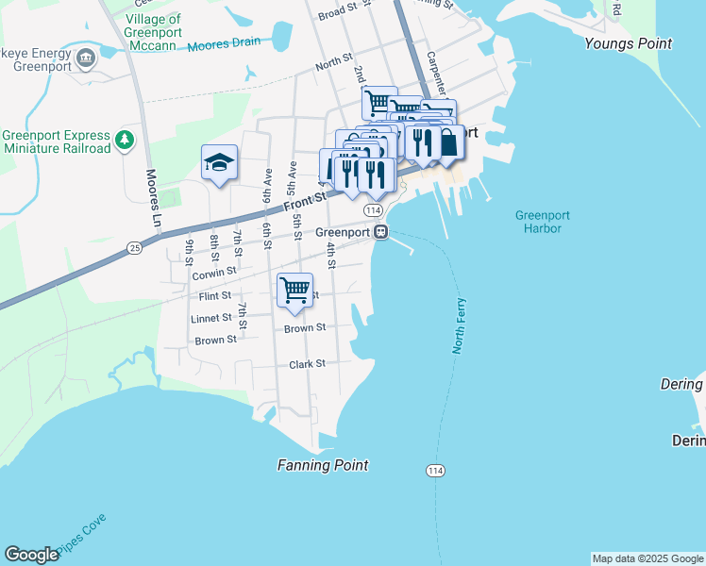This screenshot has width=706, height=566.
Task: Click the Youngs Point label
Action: coord(628,43)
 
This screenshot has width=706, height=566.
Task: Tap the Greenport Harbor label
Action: coord(542,222)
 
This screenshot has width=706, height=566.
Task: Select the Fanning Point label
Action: coord(323,465)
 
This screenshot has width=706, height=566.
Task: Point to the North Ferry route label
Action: coord(459,324)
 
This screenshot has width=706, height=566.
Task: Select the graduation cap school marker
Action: coord(218,164)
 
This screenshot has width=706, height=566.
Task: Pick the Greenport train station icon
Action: coord(380,232)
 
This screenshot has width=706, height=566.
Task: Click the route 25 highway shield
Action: coord(134,247)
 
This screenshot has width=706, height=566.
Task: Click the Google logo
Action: coord(31,555)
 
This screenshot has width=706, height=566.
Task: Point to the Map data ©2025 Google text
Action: coord(647,558)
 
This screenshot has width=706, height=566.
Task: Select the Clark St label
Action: coord(307,364)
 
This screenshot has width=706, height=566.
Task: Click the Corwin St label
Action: coord(213,274)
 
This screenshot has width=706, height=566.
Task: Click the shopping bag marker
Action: coord(448,142)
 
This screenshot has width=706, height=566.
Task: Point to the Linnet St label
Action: coord(211,319)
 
